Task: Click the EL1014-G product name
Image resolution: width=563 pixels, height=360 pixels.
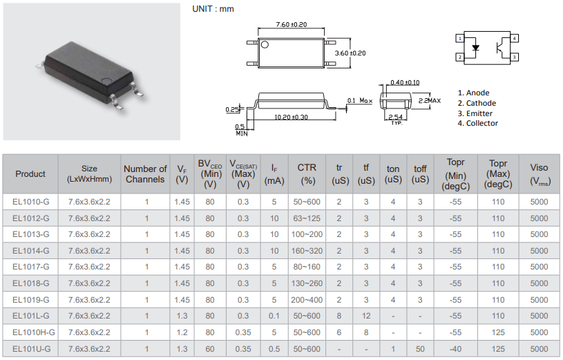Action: pyautogui.click(x=31, y=251)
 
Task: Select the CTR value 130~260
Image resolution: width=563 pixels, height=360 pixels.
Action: pyautogui.click(x=307, y=283)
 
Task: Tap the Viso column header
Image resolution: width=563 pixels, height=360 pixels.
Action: pyautogui.click(x=539, y=174)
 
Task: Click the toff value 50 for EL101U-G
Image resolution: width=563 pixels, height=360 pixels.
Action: pyautogui.click(x=420, y=349)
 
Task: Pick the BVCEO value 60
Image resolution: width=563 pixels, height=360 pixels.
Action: pyautogui.click(x=210, y=349)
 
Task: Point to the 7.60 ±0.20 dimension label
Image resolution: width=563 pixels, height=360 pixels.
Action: pyautogui.click(x=291, y=24)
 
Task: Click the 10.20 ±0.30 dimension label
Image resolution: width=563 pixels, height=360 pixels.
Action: pyautogui.click(x=291, y=117)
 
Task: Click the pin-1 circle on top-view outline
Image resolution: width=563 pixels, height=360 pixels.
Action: pyautogui.click(x=264, y=46)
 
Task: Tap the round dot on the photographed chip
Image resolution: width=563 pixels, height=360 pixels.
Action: pyautogui.click(x=106, y=81)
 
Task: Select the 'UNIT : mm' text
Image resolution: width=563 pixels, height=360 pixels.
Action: pyautogui.click(x=212, y=9)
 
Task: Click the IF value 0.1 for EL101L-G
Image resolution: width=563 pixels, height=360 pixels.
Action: pyautogui.click(x=274, y=316)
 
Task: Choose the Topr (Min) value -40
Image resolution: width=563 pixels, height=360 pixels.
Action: pyautogui.click(x=455, y=349)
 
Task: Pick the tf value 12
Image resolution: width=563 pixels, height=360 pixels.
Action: pyautogui.click(x=366, y=316)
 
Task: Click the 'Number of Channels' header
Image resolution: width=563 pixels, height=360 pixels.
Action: pyautogui.click(x=145, y=174)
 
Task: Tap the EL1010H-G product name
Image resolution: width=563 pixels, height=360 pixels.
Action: pyautogui.click(x=34, y=332)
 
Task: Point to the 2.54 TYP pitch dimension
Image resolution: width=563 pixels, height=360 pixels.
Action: pyautogui.click(x=396, y=117)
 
